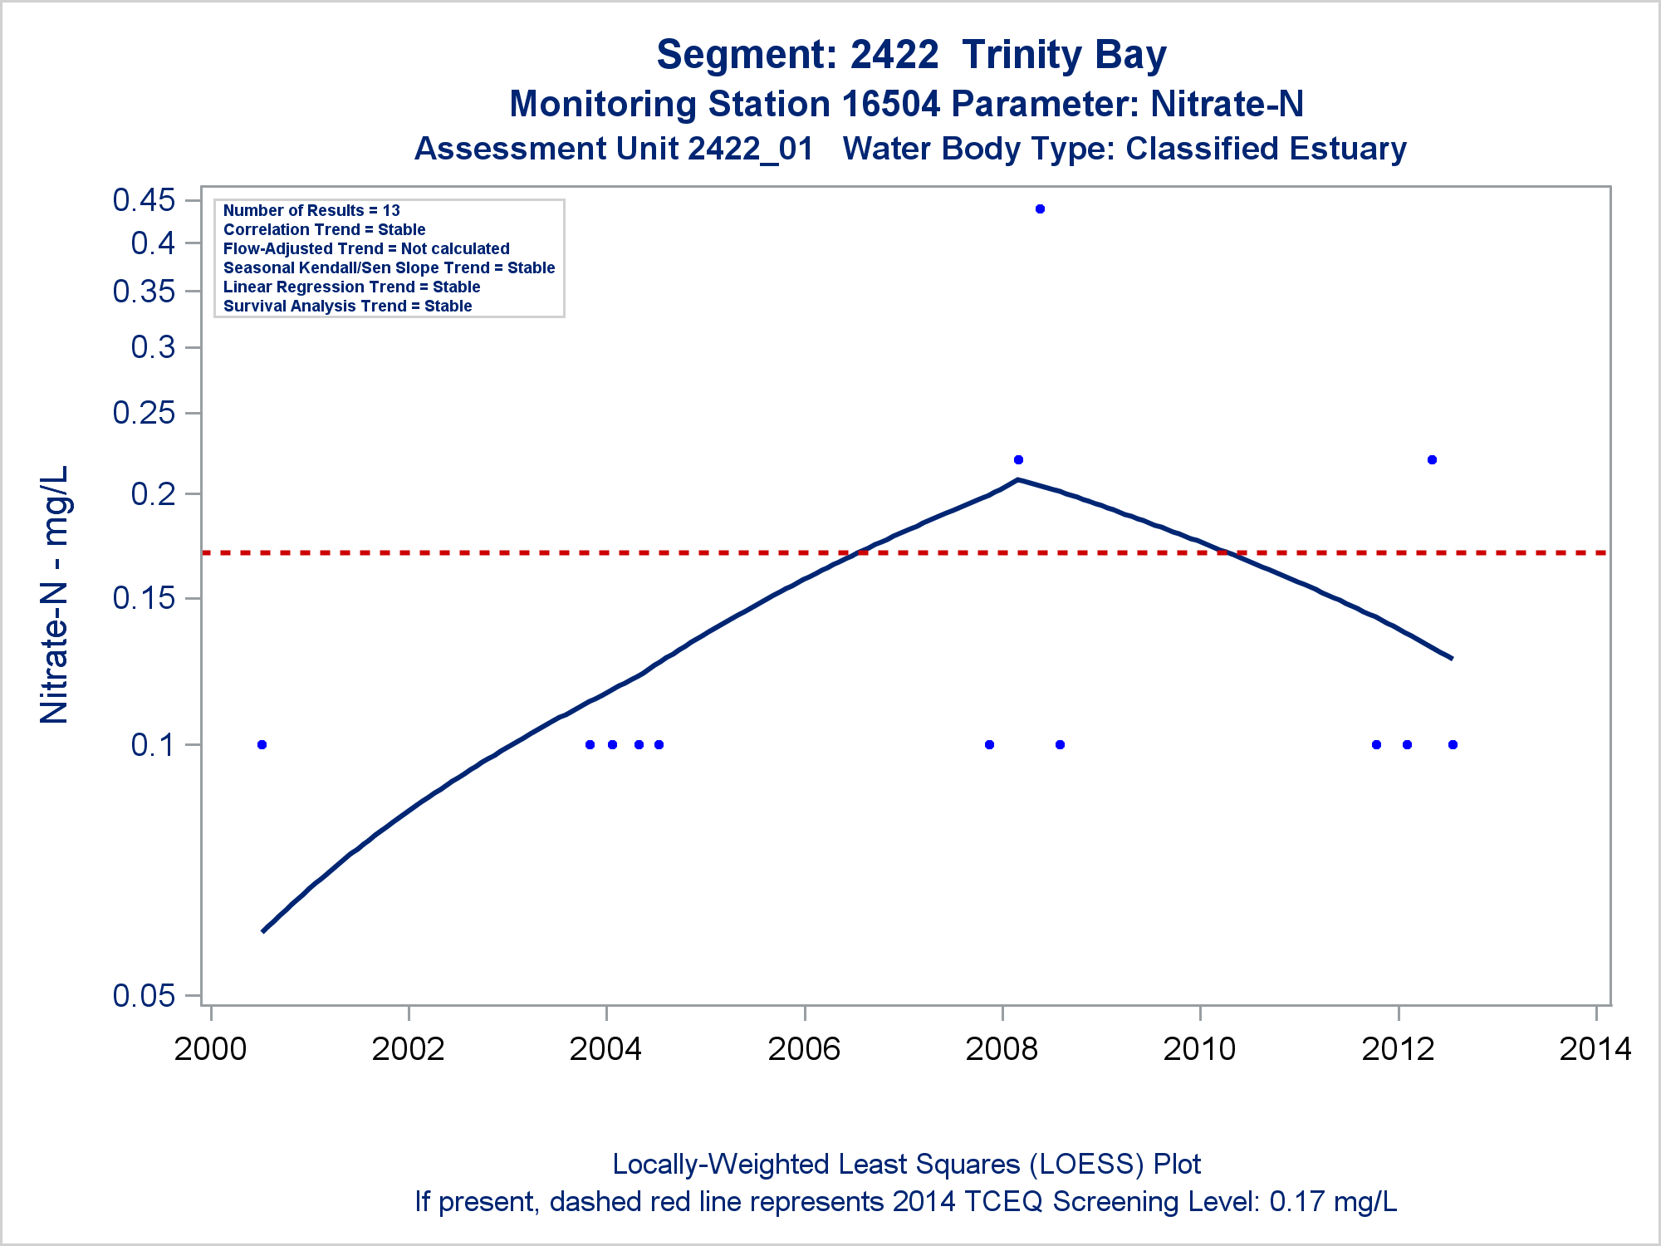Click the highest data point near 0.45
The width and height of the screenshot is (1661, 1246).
1040,209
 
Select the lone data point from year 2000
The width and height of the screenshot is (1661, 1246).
262,744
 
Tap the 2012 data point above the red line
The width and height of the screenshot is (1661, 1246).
1432,460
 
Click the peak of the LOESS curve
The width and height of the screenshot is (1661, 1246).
1018,479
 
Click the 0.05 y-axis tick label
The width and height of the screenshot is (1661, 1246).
145,995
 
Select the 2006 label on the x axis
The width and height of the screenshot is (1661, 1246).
804,1049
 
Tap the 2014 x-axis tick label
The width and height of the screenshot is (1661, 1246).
1595,1049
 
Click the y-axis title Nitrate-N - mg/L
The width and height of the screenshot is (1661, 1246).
55,595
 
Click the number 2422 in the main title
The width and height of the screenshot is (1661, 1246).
894,55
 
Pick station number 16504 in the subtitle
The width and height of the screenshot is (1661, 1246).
891,105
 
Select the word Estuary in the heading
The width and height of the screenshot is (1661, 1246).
1349,150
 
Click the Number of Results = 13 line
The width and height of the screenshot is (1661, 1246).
311,211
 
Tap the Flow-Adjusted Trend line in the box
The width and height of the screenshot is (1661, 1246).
366,249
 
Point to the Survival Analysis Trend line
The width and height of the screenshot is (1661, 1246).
347,307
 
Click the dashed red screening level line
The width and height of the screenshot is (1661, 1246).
581,552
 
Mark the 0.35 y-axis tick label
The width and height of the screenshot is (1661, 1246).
145,292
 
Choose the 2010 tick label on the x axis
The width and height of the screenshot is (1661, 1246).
1199,1049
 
